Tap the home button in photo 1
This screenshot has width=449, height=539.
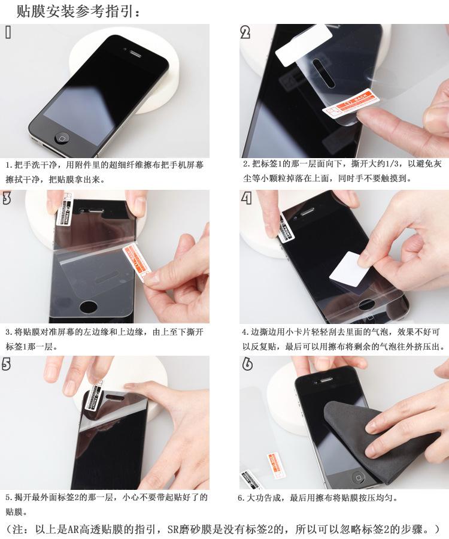(62, 137)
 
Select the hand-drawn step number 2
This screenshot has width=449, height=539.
(245, 32)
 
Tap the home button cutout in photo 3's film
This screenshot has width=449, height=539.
(89, 307)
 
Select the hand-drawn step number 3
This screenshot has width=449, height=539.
(7, 198)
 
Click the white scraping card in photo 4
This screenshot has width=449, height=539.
(347, 269)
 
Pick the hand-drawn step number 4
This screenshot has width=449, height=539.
(246, 198)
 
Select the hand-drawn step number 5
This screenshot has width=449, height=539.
(6, 364)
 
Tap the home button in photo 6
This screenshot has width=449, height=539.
(359, 477)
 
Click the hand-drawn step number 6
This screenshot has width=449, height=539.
(247, 364)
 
